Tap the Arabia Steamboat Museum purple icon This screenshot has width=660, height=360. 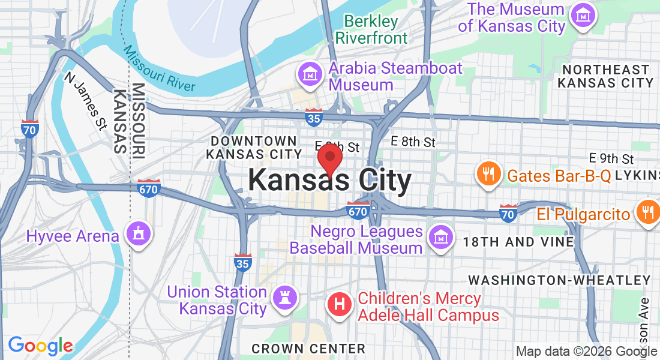310,75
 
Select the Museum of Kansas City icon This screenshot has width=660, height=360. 581,15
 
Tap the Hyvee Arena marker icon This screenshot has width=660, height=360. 139,234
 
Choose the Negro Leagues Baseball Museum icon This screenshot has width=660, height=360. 440,238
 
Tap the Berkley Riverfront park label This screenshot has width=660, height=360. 371,30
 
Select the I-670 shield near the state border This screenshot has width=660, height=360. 148,188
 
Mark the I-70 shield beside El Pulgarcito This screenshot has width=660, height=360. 508,213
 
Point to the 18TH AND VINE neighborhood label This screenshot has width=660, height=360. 518,242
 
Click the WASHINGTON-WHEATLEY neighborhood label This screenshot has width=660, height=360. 559,280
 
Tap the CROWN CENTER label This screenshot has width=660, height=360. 308,349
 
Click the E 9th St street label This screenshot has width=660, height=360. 611,159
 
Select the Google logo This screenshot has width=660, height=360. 40,346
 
